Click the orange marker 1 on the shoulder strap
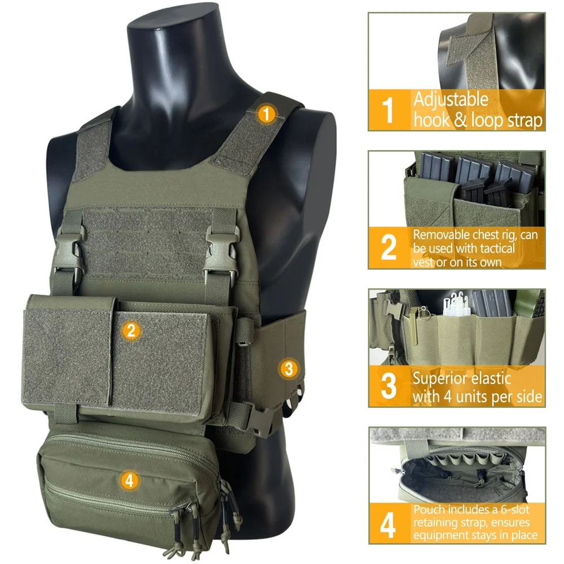[266, 114]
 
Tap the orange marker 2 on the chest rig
[131, 330]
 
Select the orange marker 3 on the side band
[288, 369]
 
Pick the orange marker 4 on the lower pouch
[130, 480]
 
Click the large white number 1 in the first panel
[387, 110]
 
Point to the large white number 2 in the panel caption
[389, 248]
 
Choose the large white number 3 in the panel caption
[389, 386]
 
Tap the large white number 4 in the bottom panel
[388, 525]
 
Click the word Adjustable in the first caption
[451, 100]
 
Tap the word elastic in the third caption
[492, 378]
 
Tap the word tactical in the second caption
[497, 248]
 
